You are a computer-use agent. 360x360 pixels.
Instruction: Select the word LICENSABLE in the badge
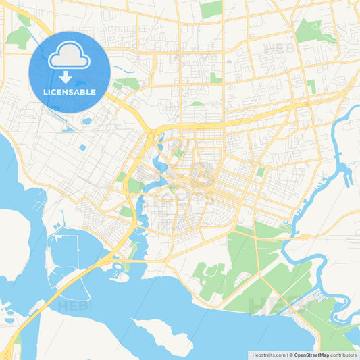tap(69, 92)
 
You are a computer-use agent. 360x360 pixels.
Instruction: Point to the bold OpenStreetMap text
tap(310, 355)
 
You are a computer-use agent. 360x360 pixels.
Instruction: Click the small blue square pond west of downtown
tap(82, 147)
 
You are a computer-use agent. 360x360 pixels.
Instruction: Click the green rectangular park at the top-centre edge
tap(211, 9)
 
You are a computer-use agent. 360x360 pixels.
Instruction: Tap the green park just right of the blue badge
tap(126, 84)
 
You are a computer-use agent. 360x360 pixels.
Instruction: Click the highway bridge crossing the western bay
tap(74, 284)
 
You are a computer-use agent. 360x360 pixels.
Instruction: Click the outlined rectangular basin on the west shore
tap(66, 250)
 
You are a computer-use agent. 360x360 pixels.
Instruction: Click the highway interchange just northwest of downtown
tap(154, 135)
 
